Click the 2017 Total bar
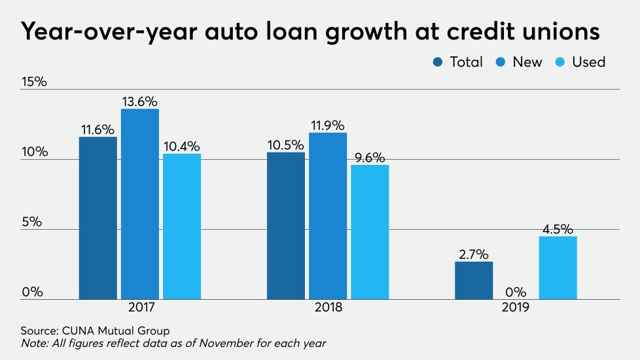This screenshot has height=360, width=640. (x=98, y=218)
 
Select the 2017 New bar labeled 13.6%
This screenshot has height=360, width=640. (x=140, y=204)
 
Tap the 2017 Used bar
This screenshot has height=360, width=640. (x=182, y=226)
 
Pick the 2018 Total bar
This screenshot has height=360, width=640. (x=286, y=226)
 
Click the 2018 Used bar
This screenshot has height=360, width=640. (x=370, y=232)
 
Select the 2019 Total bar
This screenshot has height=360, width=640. (x=474, y=280)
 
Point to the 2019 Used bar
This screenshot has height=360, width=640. (x=558, y=268)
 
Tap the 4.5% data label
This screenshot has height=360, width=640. (x=558, y=229)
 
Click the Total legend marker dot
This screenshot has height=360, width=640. (x=438, y=62)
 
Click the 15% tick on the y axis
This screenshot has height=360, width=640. (x=34, y=82)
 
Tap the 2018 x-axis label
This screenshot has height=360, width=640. (x=328, y=306)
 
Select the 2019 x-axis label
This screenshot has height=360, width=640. (x=516, y=306)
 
